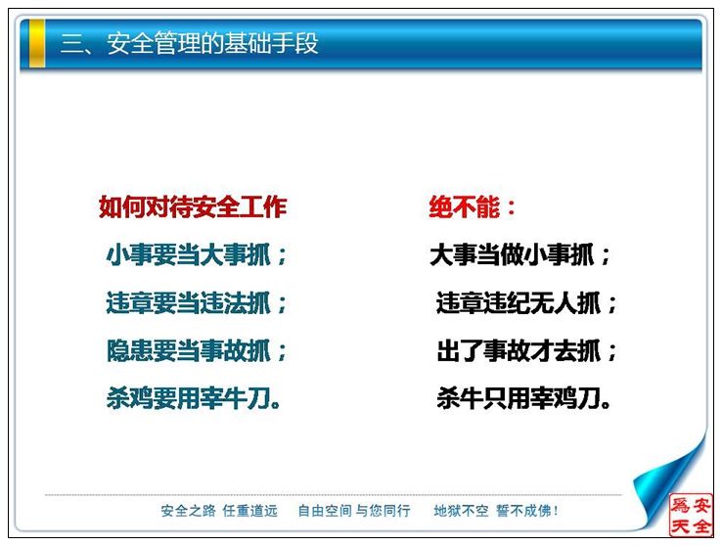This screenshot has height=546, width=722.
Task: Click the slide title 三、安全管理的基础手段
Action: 189,43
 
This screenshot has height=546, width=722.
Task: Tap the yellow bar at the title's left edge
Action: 37,43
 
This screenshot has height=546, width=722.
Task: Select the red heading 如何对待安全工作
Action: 193,206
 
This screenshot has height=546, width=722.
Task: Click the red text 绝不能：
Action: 472,206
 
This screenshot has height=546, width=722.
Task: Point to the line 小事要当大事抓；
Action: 197,254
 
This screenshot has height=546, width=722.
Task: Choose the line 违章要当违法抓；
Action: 197,303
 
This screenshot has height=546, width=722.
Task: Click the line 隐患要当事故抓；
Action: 197,351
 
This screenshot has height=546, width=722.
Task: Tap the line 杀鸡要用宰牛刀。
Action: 194,398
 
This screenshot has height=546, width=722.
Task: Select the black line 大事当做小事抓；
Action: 520,254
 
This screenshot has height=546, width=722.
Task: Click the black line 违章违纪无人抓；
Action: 526,303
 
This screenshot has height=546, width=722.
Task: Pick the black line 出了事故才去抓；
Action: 526,351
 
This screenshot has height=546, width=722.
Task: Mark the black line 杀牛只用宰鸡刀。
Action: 524,398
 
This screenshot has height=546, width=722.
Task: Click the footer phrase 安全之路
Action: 189,511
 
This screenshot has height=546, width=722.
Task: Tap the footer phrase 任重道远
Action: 250,511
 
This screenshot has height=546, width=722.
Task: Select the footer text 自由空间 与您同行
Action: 354,511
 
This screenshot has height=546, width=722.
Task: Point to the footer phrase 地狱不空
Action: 461,511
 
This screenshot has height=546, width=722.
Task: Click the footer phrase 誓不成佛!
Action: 527,511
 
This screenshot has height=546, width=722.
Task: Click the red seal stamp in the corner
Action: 691,515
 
